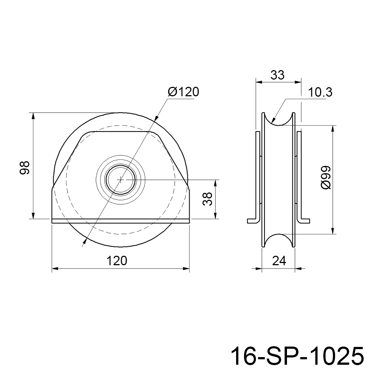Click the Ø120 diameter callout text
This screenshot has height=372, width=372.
tap(183, 92)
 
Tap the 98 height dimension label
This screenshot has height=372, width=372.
tap(24, 168)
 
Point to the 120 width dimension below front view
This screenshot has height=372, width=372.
tap(117, 260)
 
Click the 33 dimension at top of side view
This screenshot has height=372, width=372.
tap(277, 75)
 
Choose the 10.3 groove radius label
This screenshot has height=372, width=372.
tap(320, 92)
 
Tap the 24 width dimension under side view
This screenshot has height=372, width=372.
tap(279, 261)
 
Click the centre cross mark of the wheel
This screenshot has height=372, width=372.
tap(121, 179)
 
